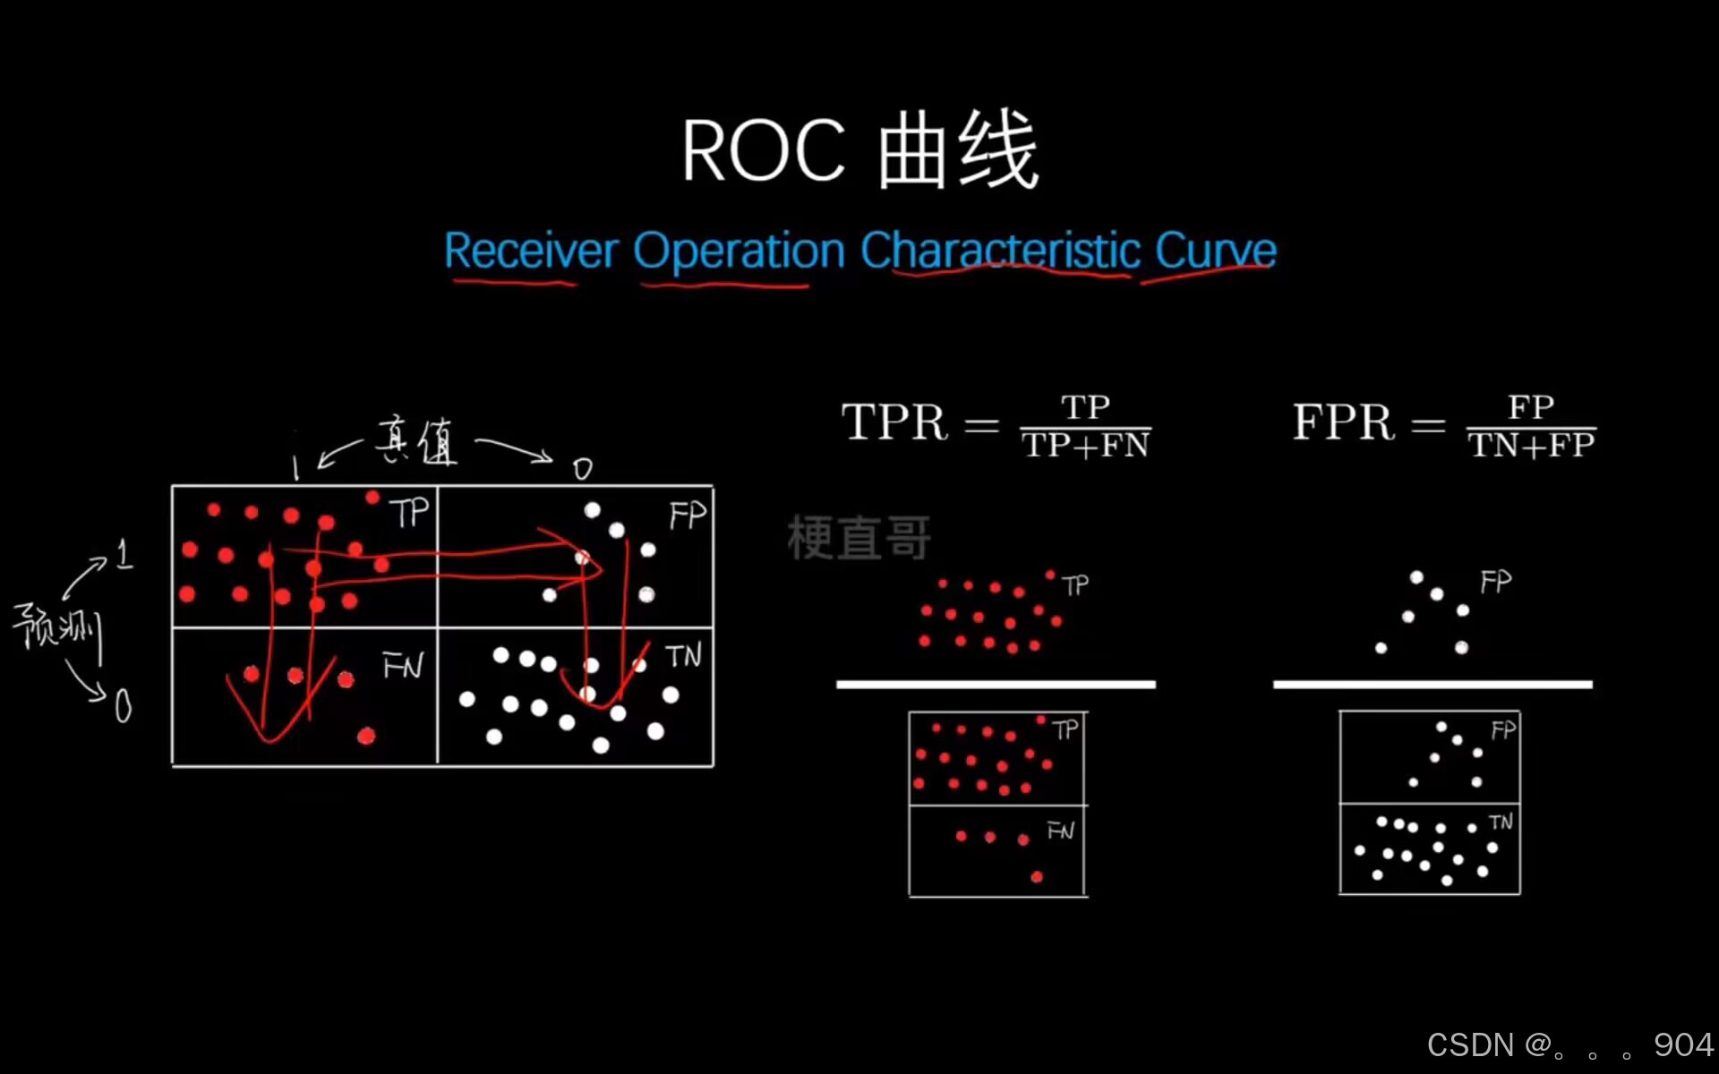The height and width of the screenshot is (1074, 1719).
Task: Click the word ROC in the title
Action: [764, 151]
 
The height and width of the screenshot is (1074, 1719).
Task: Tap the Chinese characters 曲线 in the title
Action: [958, 149]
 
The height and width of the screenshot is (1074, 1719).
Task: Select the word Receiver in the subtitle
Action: [531, 251]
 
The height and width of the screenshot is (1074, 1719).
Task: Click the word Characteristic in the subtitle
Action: [1000, 251]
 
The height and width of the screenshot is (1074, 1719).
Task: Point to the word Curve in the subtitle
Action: [1215, 251]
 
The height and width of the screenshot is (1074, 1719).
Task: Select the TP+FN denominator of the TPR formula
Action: [1085, 446]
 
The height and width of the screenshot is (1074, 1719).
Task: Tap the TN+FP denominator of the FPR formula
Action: [1531, 446]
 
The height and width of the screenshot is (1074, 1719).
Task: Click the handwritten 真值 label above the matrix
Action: [416, 440]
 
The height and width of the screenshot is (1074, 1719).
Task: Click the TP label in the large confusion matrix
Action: [409, 514]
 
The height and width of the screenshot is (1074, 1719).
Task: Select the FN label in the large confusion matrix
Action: [402, 666]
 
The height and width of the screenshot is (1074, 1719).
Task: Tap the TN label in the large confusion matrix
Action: [683, 656]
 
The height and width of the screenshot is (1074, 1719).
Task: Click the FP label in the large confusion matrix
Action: [688, 515]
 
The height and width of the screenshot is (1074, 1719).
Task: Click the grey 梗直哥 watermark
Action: [859, 538]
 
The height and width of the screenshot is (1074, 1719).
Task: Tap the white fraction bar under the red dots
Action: [996, 685]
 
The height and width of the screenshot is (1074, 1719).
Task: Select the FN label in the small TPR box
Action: [1060, 831]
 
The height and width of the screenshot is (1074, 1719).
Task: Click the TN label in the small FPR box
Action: [1501, 822]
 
